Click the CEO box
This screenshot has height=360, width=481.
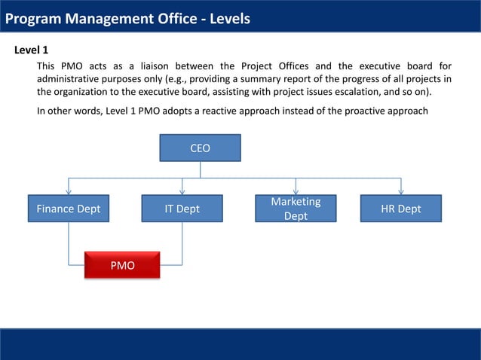point(200,148)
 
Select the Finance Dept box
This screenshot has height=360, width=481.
point(69,209)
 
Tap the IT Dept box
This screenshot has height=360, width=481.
point(182,209)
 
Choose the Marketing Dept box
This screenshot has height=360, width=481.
point(296,209)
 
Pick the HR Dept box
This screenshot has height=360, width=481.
point(400,209)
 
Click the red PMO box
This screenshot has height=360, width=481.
point(122,265)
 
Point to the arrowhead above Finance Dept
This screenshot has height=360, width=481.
point(69,191)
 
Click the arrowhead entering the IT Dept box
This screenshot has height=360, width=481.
point(182,191)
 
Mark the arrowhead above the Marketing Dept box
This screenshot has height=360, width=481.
point(296,191)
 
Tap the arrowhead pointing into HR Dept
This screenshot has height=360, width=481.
point(400,191)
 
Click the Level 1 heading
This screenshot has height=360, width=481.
point(32,50)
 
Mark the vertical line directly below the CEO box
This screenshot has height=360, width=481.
point(200,170)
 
